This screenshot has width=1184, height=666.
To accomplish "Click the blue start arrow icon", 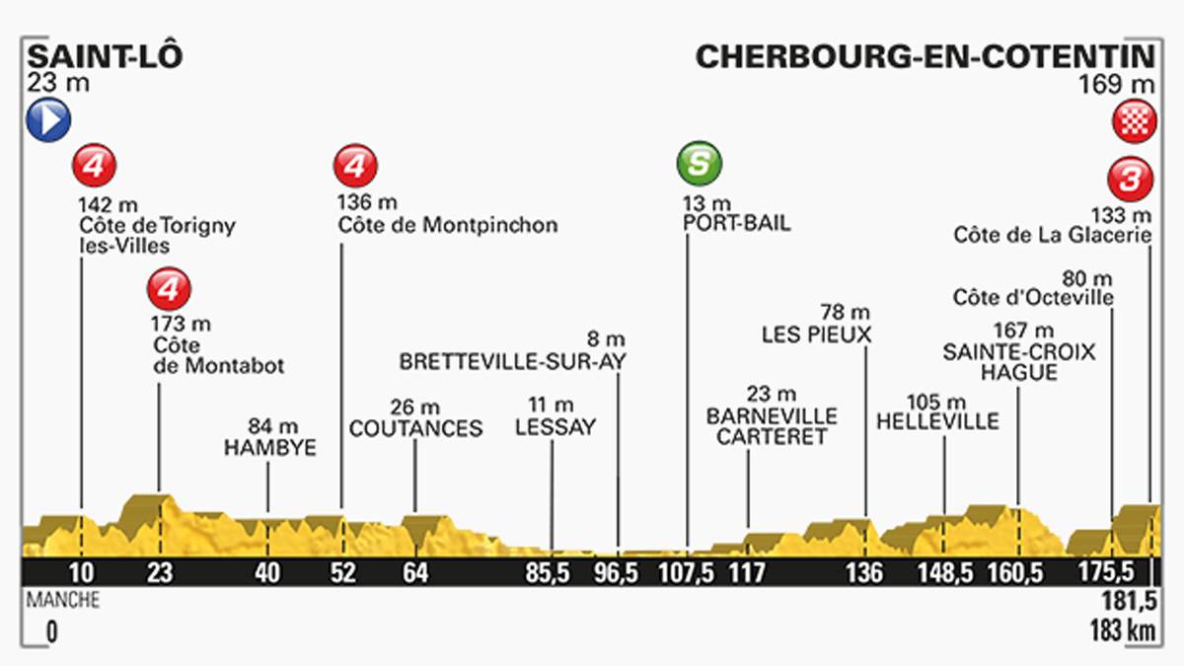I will click(48, 120).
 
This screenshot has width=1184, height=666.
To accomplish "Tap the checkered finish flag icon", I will click(1129, 121).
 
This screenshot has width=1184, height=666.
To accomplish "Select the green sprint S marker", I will click(699, 165).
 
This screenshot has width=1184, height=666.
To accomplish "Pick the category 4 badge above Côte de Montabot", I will click(169, 289).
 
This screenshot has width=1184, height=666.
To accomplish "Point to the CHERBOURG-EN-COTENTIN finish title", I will click(925, 55).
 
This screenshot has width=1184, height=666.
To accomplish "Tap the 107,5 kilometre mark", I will click(688, 573).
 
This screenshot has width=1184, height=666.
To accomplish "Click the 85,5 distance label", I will click(551, 573).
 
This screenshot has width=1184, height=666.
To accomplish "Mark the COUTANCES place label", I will click(415, 428).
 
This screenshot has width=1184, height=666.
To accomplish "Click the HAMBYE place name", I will click(269, 446).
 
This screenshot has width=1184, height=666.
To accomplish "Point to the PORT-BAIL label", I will click(736, 223).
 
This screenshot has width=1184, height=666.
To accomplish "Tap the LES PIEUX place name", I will click(816, 334).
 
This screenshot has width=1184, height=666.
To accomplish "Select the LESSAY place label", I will click(556, 427).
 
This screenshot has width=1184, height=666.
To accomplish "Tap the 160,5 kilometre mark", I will click(1017, 573).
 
